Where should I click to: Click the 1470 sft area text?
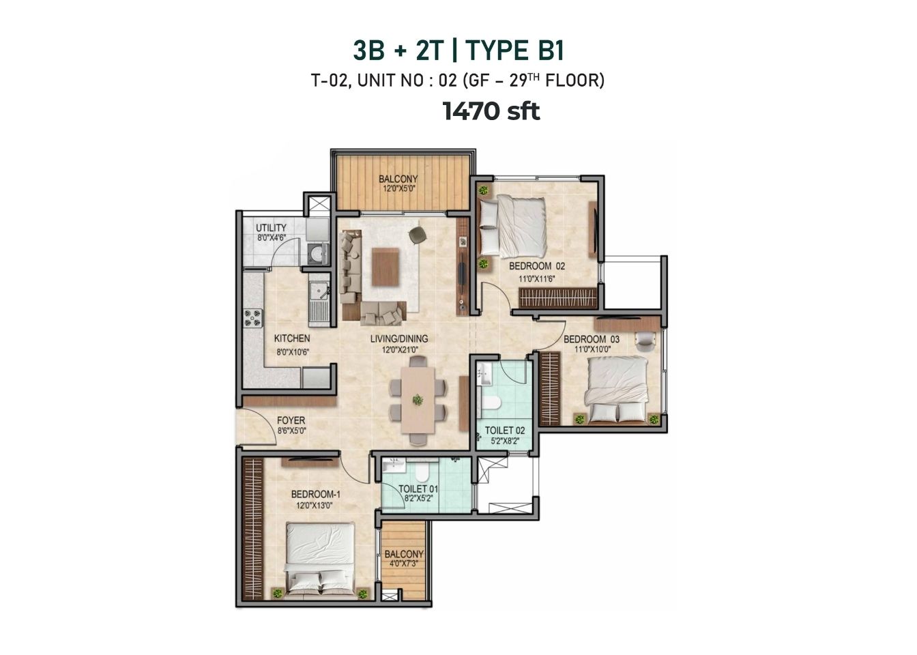[x=491, y=111]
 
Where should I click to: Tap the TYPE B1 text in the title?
[x=514, y=50]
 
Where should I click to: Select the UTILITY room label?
[x=271, y=228]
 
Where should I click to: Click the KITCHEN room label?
[x=292, y=338]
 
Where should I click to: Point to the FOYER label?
[x=291, y=420]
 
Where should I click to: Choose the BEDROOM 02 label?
[x=537, y=266]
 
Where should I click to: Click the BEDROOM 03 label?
[x=592, y=339]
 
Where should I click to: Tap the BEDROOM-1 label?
[x=316, y=495]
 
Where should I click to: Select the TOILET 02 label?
[x=505, y=431]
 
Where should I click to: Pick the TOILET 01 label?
[x=418, y=489]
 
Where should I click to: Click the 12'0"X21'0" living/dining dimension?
[x=399, y=350]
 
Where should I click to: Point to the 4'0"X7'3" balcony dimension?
[x=404, y=564]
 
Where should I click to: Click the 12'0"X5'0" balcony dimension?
[x=398, y=189]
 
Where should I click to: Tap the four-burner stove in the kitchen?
[x=253, y=318]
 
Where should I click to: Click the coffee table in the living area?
[x=385, y=267]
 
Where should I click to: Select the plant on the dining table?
[x=418, y=399]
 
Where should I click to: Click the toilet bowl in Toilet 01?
[x=422, y=471]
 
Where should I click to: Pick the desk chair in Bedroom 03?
[x=645, y=340]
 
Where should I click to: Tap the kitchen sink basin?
[x=318, y=291]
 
